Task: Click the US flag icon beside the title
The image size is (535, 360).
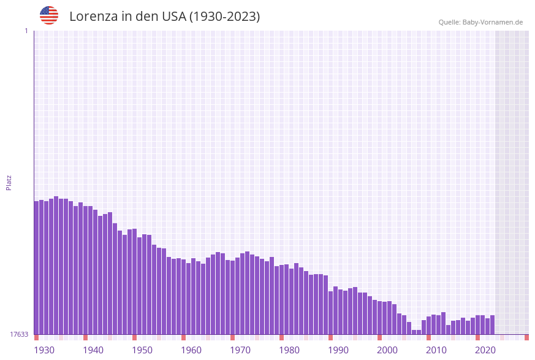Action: [49, 15]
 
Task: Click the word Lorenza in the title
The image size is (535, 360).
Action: [93, 17]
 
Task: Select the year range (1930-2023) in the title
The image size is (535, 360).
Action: [225, 17]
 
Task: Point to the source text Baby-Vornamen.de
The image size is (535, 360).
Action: [493, 22]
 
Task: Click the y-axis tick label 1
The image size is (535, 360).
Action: [26, 31]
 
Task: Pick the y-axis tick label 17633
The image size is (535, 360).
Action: [19, 334]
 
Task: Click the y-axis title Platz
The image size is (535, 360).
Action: [9, 182]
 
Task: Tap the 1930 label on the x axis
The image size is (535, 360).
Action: [44, 350]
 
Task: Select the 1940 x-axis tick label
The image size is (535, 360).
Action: [93, 350]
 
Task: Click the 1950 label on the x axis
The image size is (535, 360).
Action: [142, 350]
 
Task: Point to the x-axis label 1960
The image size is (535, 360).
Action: [191, 350]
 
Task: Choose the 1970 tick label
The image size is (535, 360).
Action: [240, 350]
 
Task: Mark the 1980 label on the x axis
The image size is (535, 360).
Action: [289, 350]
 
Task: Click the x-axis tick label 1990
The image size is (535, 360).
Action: [338, 350]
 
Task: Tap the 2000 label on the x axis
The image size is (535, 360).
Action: [387, 350]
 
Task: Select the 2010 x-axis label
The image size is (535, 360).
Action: [436, 350]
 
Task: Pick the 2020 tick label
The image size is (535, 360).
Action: [485, 350]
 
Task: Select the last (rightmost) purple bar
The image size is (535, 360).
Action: [493, 325]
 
